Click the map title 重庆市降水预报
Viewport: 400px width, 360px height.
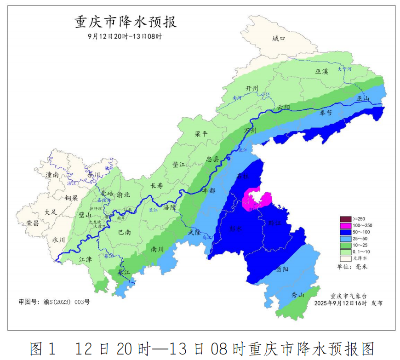[126, 22]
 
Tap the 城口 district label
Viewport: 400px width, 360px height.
[279, 39]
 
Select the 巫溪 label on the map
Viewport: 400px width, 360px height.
[322, 72]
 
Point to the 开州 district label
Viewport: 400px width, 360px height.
[252, 88]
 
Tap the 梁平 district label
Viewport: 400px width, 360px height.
[201, 134]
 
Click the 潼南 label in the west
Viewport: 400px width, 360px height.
[52, 175]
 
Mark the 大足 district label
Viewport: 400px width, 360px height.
[51, 212]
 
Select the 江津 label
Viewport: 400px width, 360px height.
[86, 259]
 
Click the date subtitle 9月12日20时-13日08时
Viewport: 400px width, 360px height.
[125, 36]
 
